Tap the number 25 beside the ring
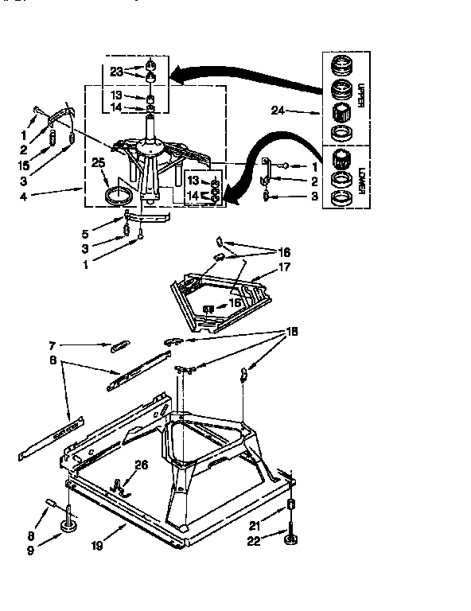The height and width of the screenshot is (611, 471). coord(98,163)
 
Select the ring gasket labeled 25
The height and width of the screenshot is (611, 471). coord(117,195)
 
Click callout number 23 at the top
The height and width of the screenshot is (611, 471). coord(117,71)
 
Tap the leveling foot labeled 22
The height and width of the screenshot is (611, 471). coord(291,541)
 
